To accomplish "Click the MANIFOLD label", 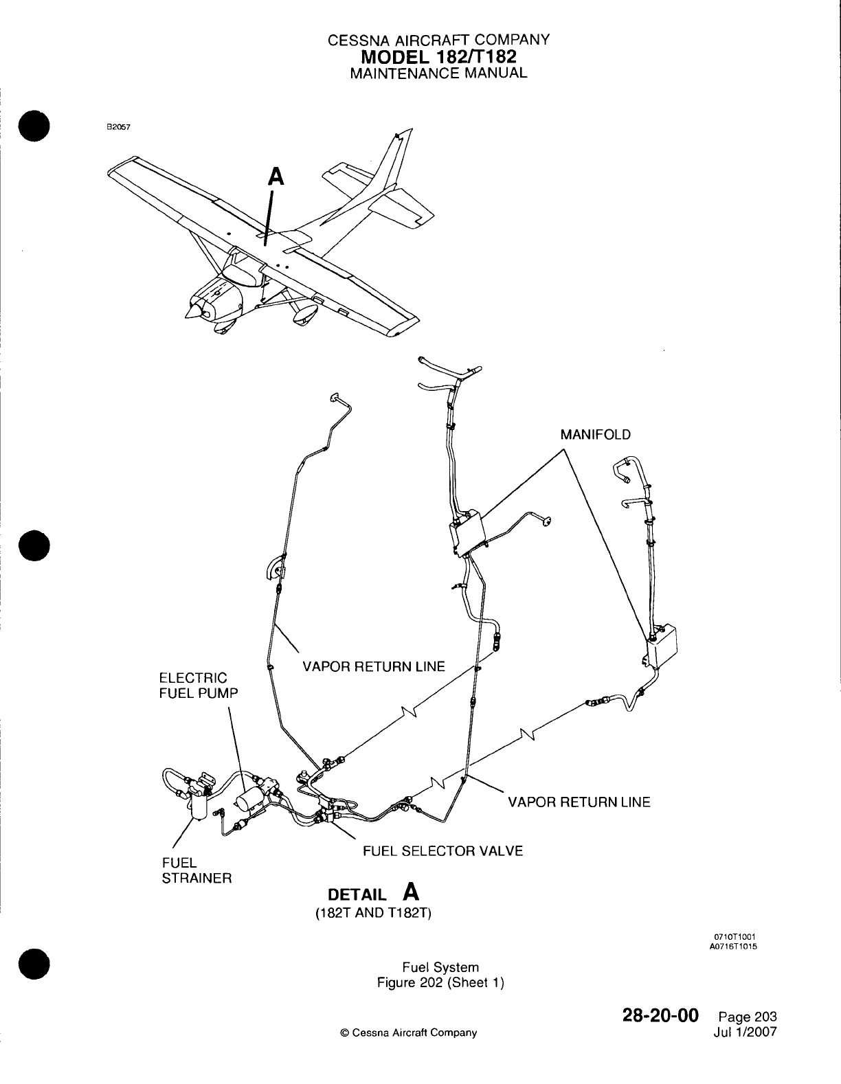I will [595, 435].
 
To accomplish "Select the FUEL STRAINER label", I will [196, 870].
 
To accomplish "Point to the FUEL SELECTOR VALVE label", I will [442, 851].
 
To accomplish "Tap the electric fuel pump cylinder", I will [248, 800].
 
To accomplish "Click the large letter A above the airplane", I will [276, 177].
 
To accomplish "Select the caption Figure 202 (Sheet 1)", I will [440, 982].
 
